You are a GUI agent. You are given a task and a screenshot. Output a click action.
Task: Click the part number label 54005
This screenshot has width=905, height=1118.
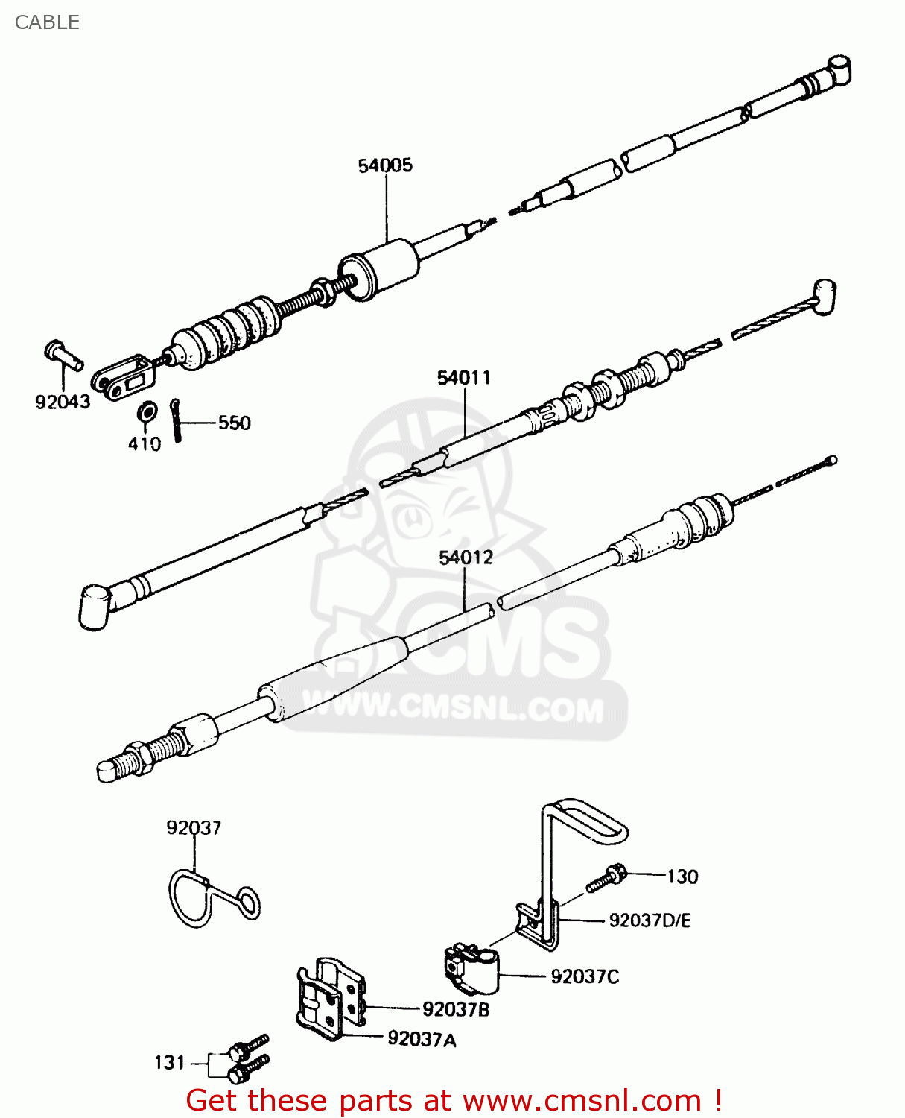click(x=385, y=165)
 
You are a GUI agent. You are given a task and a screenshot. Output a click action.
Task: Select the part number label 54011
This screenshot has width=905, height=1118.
click(x=464, y=378)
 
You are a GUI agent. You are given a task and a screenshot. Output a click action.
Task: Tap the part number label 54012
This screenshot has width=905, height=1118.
click(x=466, y=558)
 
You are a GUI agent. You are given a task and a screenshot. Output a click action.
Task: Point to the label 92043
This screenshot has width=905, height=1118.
click(x=63, y=402)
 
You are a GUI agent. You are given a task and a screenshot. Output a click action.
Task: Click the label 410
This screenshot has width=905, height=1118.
click(x=145, y=444)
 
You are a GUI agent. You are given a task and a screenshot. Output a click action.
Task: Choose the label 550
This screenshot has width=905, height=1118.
click(x=234, y=423)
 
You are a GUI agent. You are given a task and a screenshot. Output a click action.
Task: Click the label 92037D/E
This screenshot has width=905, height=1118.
click(x=650, y=921)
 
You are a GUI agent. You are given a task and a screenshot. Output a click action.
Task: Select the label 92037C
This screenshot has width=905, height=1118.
click(x=585, y=976)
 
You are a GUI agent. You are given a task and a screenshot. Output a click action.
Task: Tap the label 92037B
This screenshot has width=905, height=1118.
click(x=456, y=1010)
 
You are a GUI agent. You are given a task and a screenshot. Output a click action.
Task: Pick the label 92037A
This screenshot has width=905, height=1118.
click(x=422, y=1039)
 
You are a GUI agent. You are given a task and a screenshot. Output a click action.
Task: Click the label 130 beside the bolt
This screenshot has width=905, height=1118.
click(x=682, y=877)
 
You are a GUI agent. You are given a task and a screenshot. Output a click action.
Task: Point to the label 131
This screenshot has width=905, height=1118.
click(x=169, y=1063)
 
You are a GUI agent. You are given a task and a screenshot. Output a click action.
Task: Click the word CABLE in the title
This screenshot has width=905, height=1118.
click(x=47, y=22)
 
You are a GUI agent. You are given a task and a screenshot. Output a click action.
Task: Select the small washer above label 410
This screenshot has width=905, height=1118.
click(x=147, y=411)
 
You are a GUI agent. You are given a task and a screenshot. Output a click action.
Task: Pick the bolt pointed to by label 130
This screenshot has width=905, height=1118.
click(x=606, y=879)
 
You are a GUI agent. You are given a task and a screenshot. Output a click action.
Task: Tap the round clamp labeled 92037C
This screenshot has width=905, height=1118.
click(x=472, y=970)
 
